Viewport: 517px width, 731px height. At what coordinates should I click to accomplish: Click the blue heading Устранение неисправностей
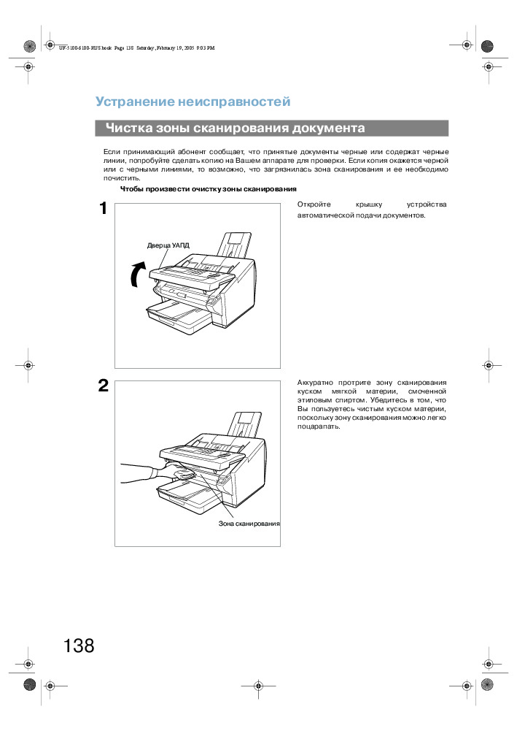tap(193, 102)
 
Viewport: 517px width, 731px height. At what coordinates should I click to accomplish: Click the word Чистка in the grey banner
tap(126, 129)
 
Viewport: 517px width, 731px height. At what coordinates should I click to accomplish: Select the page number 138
tap(79, 646)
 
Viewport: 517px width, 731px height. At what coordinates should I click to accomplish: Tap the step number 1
tap(104, 210)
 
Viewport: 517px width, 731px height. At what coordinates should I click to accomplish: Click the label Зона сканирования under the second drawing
tap(249, 524)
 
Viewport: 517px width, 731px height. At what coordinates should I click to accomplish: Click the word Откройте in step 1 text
tap(314, 204)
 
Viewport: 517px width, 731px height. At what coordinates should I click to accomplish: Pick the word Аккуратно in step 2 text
tap(315, 382)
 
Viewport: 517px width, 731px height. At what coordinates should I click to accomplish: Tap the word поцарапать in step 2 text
tap(319, 426)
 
